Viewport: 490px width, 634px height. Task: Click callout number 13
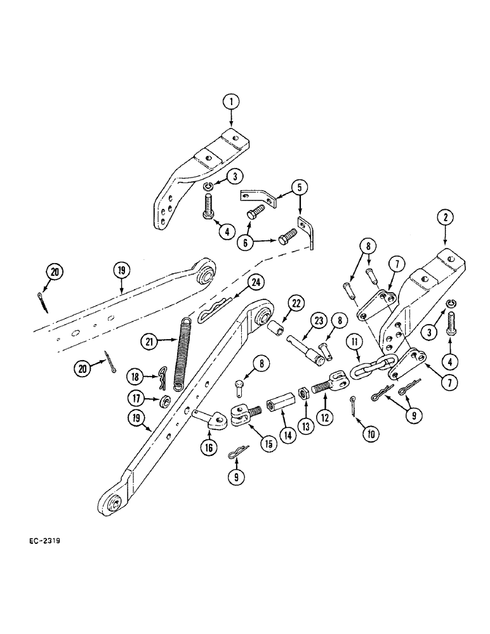[x=307, y=427]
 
